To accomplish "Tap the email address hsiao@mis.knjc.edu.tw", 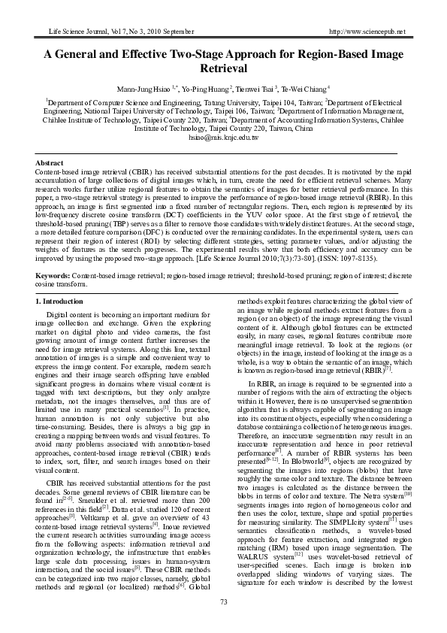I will click(223, 138).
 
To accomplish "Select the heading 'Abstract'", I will click(50, 162).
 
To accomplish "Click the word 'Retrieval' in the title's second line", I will click(223, 68).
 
